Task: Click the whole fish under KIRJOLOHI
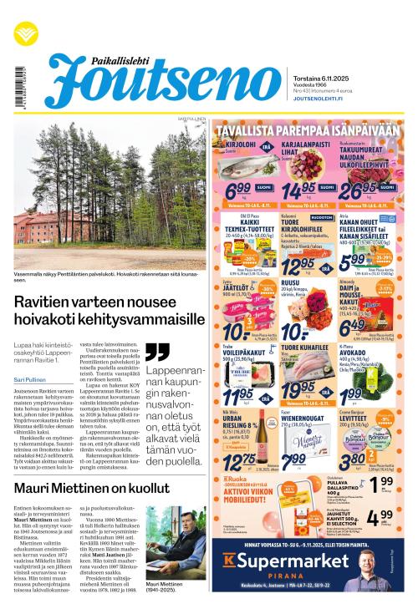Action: point(242,168)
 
